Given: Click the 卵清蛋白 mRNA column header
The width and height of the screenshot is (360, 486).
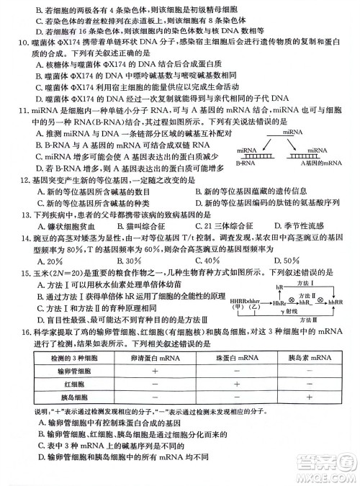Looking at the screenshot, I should tap(155, 357).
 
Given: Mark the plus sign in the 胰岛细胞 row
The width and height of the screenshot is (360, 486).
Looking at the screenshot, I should tap(308, 398).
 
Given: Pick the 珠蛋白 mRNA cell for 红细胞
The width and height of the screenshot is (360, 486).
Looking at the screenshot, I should tap(235, 384).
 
